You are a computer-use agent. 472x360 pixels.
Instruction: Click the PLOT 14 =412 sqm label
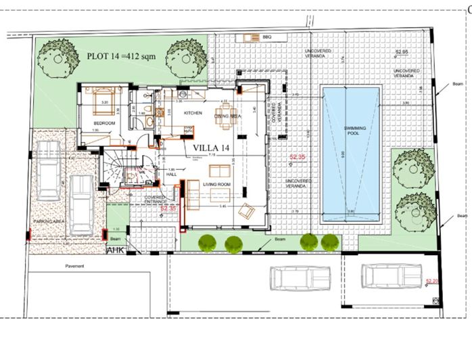(121, 55)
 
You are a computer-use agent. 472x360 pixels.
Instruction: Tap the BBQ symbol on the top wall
(256, 37)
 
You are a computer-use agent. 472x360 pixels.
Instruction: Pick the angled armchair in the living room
(246, 212)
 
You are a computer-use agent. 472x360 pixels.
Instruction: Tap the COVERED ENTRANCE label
(156, 200)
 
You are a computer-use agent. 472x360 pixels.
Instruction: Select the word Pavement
(74, 266)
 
